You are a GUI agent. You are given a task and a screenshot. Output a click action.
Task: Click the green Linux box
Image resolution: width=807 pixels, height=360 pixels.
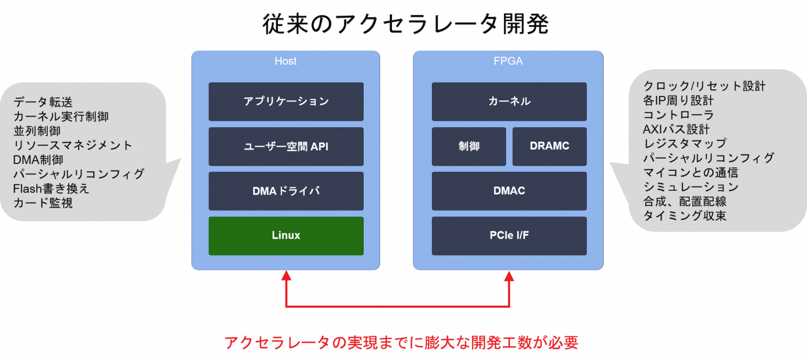[x=286, y=235]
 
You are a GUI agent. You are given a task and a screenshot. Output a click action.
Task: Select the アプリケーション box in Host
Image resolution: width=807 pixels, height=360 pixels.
[x=286, y=101]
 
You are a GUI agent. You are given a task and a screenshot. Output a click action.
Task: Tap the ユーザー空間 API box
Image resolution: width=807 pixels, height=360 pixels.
[x=286, y=147]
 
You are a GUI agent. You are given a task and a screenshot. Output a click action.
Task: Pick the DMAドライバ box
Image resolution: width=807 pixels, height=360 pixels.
[x=286, y=191]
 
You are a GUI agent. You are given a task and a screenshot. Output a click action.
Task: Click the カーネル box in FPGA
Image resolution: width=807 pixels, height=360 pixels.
[x=509, y=101]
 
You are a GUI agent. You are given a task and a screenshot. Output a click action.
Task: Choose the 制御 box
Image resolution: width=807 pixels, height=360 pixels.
[x=469, y=146]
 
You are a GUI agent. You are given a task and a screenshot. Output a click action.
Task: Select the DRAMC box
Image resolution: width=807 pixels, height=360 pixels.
[x=550, y=146]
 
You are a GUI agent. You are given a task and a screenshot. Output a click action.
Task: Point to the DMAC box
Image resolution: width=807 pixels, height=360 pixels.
[x=509, y=191]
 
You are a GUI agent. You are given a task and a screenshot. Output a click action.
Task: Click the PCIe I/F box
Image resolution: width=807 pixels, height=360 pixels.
[x=509, y=235]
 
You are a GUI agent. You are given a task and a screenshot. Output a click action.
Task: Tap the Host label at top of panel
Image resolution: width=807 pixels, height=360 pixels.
[x=285, y=61]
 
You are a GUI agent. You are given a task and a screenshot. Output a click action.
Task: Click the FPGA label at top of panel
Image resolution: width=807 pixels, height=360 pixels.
[x=509, y=61]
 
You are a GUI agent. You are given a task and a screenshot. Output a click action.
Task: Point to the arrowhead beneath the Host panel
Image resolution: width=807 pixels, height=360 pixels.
[x=286, y=275]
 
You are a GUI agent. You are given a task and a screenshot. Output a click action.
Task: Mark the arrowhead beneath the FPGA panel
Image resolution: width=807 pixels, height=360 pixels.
[x=509, y=275]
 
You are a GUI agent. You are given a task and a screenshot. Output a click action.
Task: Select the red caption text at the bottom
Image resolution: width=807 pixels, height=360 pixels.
[x=401, y=343]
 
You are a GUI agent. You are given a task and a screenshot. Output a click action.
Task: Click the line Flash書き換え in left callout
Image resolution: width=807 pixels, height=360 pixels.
[x=51, y=188]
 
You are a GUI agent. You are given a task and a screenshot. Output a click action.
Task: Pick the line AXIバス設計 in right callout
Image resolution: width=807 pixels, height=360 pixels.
[x=676, y=129]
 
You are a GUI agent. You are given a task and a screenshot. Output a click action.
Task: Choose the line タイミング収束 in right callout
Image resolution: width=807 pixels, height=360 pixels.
[x=685, y=215]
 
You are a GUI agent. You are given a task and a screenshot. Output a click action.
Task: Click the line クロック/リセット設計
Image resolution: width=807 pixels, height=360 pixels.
[x=704, y=86]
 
